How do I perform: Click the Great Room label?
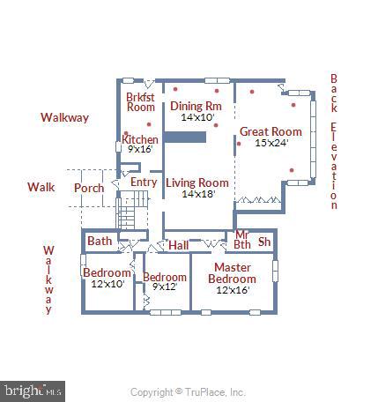point(264,132)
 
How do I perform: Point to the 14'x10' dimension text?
point(197,116)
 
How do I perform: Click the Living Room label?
point(197,183)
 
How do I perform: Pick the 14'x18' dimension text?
point(197,194)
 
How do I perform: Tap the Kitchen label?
point(140,139)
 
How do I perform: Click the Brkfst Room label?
point(140,101)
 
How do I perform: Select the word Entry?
point(144,182)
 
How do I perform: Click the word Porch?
point(88,188)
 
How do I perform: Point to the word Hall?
point(179,246)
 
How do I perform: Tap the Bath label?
point(100,241)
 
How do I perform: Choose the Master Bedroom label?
point(232,273)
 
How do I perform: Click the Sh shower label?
point(264,242)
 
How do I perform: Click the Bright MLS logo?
point(33,389)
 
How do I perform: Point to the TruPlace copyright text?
point(188,392)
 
